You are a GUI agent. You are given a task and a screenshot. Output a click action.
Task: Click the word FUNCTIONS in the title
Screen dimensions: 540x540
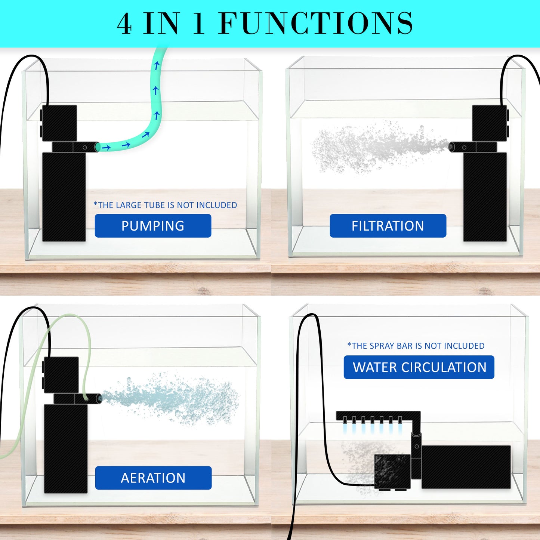tap(316, 24)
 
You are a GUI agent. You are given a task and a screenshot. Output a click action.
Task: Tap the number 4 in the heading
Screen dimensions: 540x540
tap(124, 24)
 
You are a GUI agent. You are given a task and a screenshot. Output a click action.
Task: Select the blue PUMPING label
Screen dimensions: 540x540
tap(153, 226)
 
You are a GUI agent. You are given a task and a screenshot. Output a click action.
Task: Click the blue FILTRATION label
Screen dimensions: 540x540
tap(388, 226)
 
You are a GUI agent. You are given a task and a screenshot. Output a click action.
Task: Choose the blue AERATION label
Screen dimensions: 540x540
tap(153, 478)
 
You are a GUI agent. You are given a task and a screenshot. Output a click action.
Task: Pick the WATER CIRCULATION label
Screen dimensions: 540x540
tap(419, 367)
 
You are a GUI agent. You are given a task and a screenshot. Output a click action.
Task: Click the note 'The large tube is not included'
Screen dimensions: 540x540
tap(165, 205)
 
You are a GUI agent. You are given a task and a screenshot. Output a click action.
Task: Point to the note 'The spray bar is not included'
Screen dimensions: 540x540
tap(416, 346)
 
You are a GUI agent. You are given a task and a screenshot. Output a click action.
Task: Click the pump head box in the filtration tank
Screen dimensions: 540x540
tap(489, 123)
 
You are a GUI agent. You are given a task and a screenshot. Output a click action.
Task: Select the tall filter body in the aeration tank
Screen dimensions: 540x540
tap(66, 448)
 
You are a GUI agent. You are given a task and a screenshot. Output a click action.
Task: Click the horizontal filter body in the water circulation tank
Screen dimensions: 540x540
tap(466, 467)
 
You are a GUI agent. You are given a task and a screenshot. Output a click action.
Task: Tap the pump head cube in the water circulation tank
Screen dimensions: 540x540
tap(392, 471)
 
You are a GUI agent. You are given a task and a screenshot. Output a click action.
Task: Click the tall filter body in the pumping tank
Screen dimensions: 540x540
tap(64, 197)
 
